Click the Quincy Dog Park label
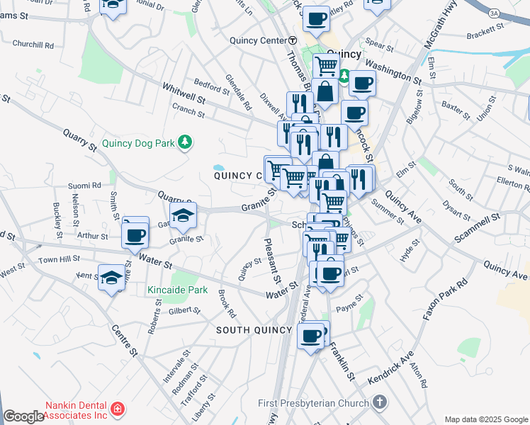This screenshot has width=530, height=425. click(x=137, y=143)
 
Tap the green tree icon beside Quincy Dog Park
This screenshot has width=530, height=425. click(x=185, y=143)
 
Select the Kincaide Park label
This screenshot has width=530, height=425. click(x=177, y=290)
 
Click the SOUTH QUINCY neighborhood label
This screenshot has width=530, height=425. click(x=254, y=330)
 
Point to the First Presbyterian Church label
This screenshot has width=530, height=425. click(x=314, y=403)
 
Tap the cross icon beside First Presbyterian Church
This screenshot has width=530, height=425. click(x=380, y=402)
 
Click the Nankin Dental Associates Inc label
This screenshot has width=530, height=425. click(x=77, y=410)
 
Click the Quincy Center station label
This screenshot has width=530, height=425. click(x=257, y=40)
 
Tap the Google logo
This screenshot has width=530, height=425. click(x=24, y=416)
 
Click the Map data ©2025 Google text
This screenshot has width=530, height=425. click(x=486, y=419)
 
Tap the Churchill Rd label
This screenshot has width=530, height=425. click(x=33, y=44)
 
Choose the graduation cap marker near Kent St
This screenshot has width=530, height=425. click(x=112, y=278)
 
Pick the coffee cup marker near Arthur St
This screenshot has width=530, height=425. click(x=135, y=234)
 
